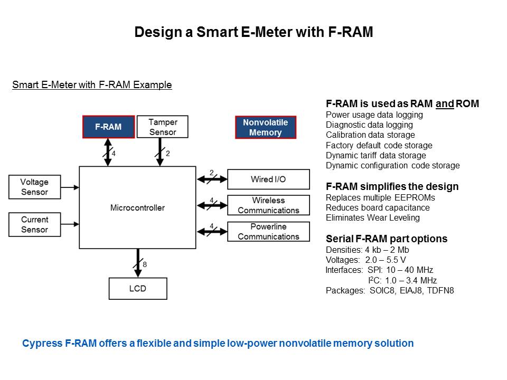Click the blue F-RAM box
[108, 127]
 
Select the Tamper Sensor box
[162, 127]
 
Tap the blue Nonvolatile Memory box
[265, 127]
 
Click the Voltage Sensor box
[34, 187]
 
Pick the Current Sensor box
[34, 224]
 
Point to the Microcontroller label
[137, 208]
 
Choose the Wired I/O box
[268, 179]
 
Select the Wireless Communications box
[268, 205]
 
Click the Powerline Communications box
[268, 232]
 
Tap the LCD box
[137, 289]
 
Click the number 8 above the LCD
[145, 264]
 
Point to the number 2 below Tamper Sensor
[168, 154]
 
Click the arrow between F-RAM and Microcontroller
[108, 152]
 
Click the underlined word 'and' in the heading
[445, 104]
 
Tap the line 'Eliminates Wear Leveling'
[372, 217]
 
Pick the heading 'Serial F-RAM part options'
[387, 239]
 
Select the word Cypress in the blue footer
[42, 344]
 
